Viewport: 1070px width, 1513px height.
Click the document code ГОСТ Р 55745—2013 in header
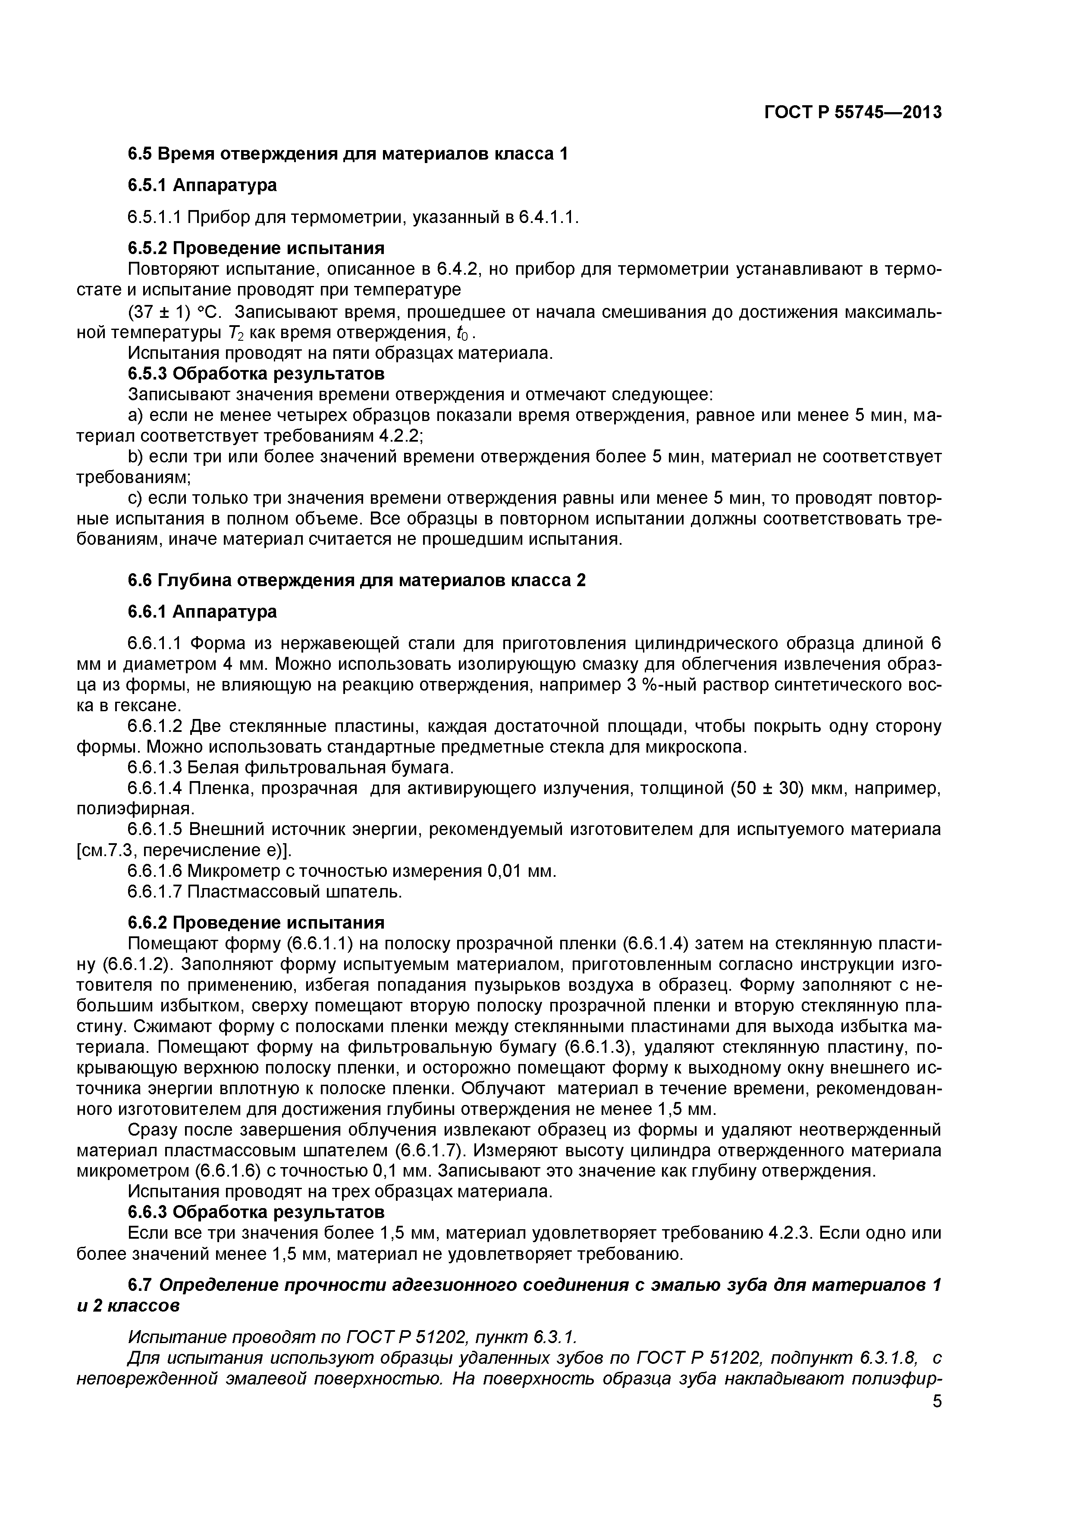pyautogui.click(x=853, y=113)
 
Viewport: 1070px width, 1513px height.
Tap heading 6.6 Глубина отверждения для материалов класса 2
pyautogui.click(x=356, y=581)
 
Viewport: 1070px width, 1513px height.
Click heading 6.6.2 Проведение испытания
pyautogui.click(x=256, y=922)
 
